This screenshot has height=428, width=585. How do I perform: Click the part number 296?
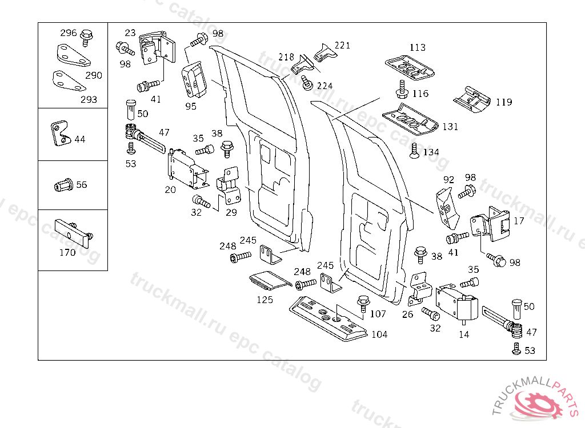point(69,33)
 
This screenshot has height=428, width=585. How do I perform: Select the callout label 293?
point(89,99)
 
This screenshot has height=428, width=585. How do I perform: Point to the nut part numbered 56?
point(63,185)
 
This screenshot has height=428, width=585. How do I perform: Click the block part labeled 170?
point(71,230)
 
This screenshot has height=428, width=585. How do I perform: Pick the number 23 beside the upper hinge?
point(130,33)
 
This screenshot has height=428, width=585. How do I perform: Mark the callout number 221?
point(342,46)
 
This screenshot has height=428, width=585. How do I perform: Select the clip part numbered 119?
point(472,98)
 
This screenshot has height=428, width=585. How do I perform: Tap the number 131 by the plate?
point(450,127)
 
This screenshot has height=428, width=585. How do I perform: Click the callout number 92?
point(449,180)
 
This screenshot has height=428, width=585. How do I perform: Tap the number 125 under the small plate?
point(264,300)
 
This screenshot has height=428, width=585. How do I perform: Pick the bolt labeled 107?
point(362,302)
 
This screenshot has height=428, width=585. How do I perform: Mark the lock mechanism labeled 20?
point(184,168)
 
